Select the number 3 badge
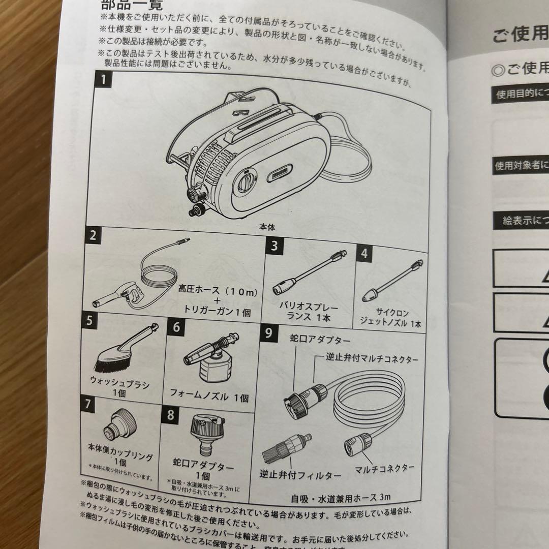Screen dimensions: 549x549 (x=274, y=247)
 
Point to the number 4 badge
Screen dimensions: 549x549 (x=364, y=253)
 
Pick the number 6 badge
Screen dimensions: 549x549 (x=176, y=326)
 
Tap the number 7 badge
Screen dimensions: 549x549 (x=88, y=405)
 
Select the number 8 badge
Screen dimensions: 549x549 (x=170, y=414)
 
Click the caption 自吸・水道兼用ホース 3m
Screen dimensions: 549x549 (x=341, y=497)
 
